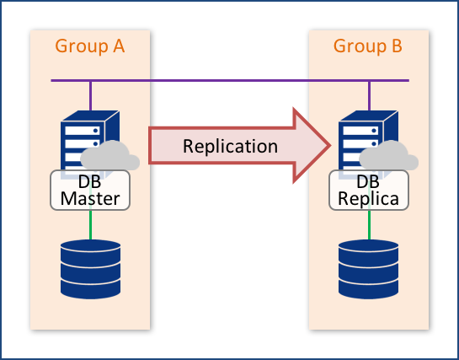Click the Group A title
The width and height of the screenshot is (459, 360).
pos(90,46)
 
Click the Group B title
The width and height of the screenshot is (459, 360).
pos(368,46)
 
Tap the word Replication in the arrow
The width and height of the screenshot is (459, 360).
pos(230,146)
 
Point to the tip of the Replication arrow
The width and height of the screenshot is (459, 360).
pos(329,145)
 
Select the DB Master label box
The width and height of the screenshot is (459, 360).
pos(91,191)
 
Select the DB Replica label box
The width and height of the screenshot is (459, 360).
pos(368,191)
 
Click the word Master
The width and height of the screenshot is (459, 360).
pos(91,200)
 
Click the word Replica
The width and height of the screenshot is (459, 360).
pos(368,200)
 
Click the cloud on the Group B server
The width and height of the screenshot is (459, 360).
pos(388,158)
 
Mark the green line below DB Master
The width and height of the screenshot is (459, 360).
pos(90,224)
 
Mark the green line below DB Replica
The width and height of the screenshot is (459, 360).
pos(368,224)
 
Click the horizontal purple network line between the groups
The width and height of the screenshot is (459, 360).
pos(229,81)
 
